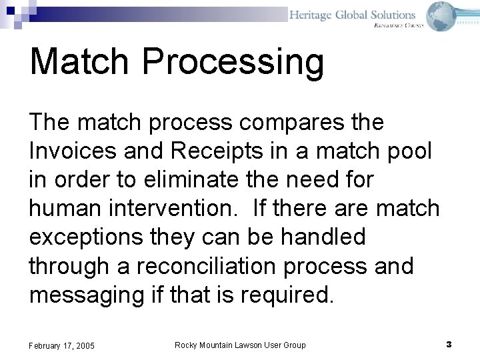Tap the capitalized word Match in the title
pyautogui.click(x=79, y=61)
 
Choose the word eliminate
pyautogui.click(x=169, y=180)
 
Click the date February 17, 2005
pyautogui.click(x=62, y=345)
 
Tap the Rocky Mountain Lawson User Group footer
pyautogui.click(x=240, y=345)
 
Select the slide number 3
pyautogui.click(x=449, y=345)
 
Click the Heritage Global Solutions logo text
pyautogui.click(x=352, y=15)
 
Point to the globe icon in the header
pyautogui.click(x=441, y=16)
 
